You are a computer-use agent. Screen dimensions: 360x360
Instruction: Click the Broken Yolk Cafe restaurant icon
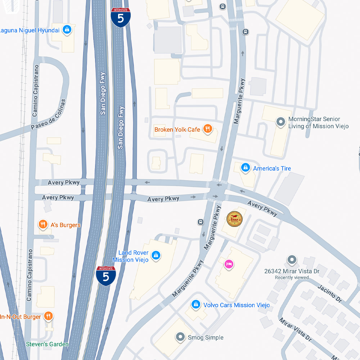coord(207,129)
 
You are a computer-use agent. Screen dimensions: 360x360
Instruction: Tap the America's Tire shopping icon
coord(246,168)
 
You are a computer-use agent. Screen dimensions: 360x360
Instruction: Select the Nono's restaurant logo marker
coord(234,219)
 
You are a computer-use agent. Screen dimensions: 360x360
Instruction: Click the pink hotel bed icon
coord(229,265)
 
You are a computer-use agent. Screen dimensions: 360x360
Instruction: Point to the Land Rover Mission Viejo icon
coord(156,256)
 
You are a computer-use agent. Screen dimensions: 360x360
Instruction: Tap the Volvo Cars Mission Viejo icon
coord(195,305)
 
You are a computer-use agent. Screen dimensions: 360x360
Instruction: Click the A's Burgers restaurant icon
coord(43,225)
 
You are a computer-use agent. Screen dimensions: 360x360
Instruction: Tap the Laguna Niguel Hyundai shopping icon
coord(67,30)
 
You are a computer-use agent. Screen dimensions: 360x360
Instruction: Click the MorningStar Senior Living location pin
coord(280,122)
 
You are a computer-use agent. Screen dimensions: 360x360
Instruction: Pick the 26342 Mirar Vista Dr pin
coord(292,260)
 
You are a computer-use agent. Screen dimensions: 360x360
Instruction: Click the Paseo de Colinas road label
coord(49,114)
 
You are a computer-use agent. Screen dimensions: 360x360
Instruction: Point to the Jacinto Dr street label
coord(330,293)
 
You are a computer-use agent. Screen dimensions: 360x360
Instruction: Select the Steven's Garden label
coord(47,344)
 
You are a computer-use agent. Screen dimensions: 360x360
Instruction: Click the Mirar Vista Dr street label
coord(295,330)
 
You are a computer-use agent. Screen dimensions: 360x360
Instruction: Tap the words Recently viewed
coord(292,278)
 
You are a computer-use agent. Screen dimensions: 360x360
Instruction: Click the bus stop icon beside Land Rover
coord(200,222)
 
